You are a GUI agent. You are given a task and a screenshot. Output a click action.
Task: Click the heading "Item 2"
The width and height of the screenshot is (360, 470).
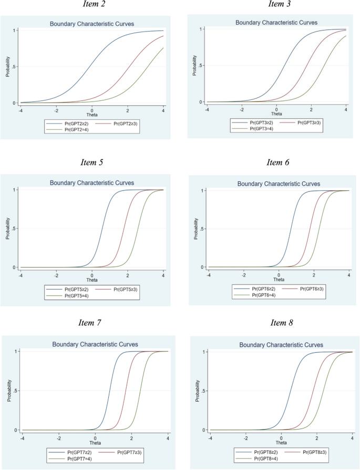click(x=91, y=5)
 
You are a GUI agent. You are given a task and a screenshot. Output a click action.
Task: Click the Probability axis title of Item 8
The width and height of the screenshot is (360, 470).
click(x=196, y=391)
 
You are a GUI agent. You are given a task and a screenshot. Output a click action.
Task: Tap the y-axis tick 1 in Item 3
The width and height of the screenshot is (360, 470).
click(x=202, y=29)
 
